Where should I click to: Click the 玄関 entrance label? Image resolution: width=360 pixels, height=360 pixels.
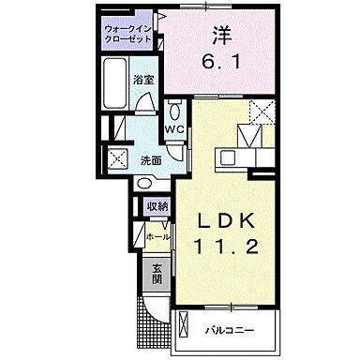coord(157,274)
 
